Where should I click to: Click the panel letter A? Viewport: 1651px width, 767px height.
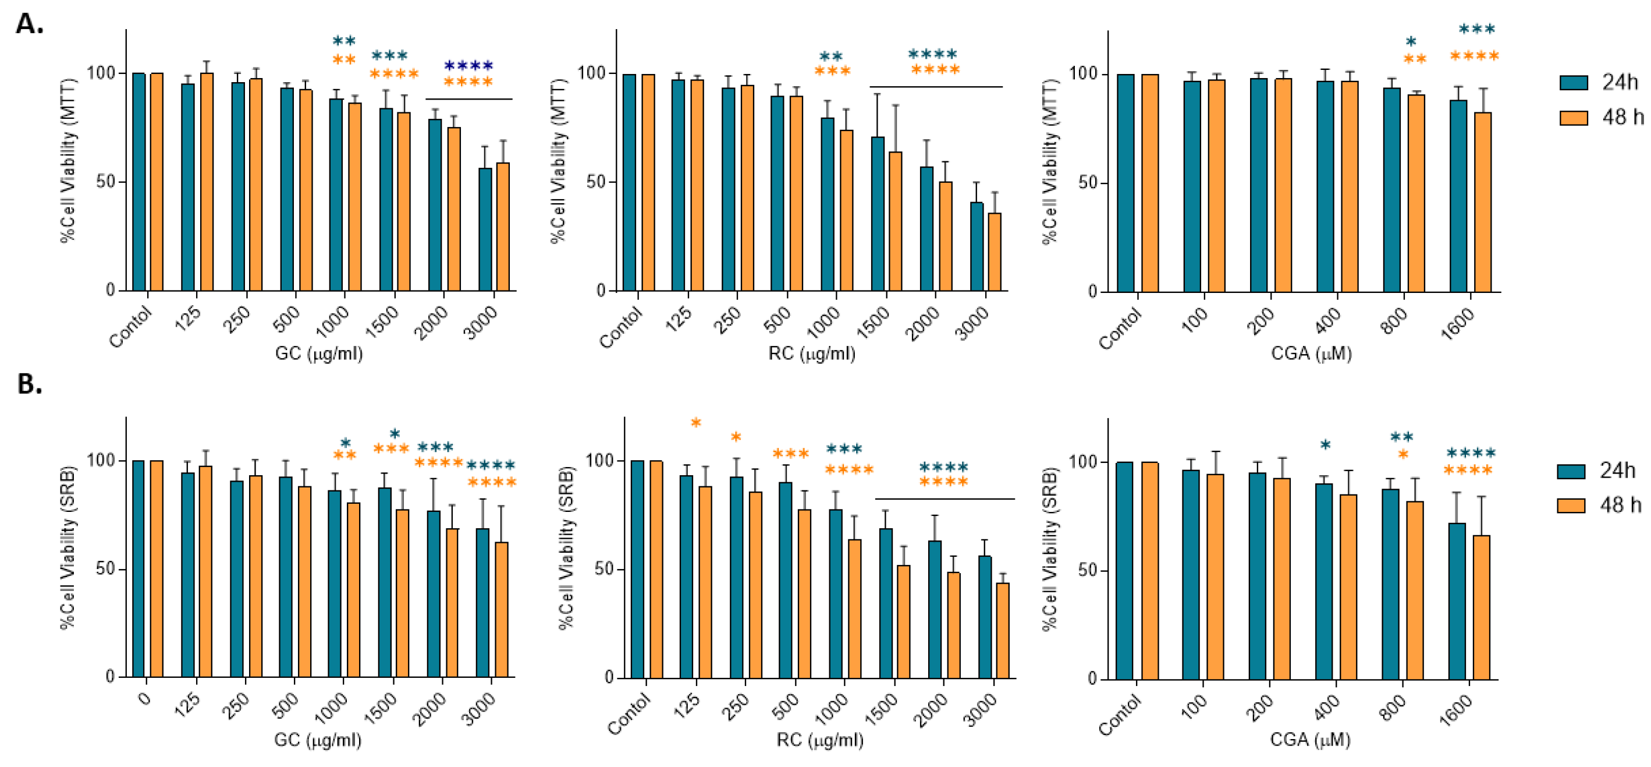(29, 24)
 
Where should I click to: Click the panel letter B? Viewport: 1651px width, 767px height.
(29, 383)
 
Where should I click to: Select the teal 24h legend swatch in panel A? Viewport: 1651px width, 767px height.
(1574, 82)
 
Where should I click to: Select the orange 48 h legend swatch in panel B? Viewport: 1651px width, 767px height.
(1571, 506)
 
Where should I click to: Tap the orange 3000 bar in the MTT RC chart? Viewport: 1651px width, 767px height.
(994, 252)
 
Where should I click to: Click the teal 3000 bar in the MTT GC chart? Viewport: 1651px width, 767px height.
(485, 229)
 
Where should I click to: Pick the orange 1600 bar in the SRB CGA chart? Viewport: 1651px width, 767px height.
(1481, 607)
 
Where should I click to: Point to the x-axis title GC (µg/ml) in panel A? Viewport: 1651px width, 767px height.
(318, 354)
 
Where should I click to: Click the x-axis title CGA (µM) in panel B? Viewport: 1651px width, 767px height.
(1310, 740)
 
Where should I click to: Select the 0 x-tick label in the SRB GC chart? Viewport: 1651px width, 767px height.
(145, 698)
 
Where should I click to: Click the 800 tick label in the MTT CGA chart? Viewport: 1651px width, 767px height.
(1394, 321)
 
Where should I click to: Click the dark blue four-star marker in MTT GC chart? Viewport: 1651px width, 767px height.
(468, 65)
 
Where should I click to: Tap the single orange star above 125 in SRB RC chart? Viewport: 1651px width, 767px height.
(696, 423)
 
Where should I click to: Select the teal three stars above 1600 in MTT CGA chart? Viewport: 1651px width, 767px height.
(1476, 30)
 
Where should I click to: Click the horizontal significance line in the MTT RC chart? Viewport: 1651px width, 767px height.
(936, 87)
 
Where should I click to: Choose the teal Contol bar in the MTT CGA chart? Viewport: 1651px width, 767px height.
(1125, 183)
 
